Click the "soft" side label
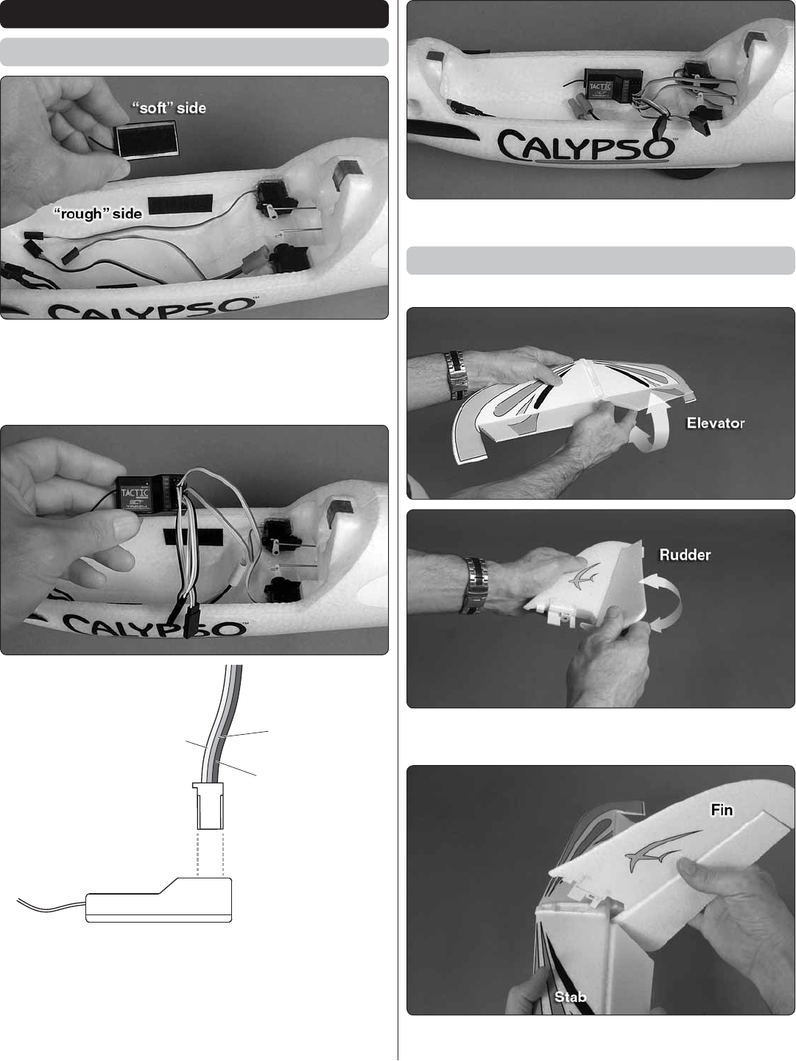click(x=169, y=107)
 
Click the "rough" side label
click(x=97, y=214)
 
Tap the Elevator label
click(x=715, y=423)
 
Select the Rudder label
click(x=685, y=554)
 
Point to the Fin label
click(x=722, y=809)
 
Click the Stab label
click(x=570, y=996)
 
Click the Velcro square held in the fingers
click(x=147, y=139)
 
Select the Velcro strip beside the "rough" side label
click(x=180, y=204)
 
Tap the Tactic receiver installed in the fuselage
click(x=613, y=84)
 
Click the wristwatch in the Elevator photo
click(x=457, y=375)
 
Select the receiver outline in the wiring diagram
click(x=158, y=900)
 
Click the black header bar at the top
click(x=194, y=14)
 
